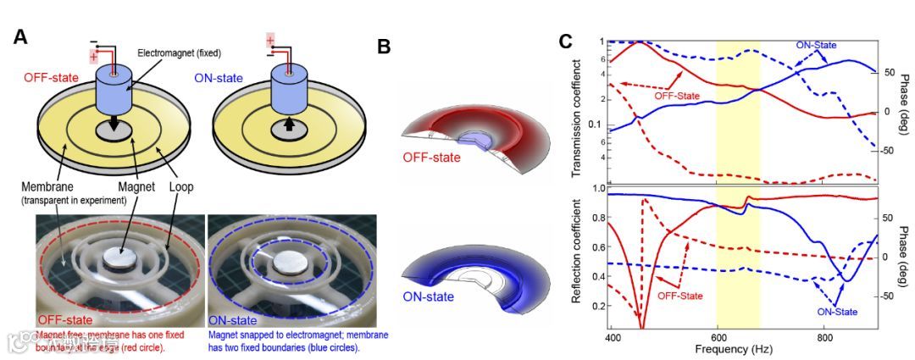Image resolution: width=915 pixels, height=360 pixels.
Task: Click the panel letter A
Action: (22, 36)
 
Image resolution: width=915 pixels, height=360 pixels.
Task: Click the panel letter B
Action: (384, 46)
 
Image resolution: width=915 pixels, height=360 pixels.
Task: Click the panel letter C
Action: (566, 40)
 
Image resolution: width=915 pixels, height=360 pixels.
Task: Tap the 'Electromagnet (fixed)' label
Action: (179, 53)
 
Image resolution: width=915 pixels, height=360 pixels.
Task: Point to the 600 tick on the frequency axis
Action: (718, 336)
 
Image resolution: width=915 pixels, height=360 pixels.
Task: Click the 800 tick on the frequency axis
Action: (823, 336)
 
